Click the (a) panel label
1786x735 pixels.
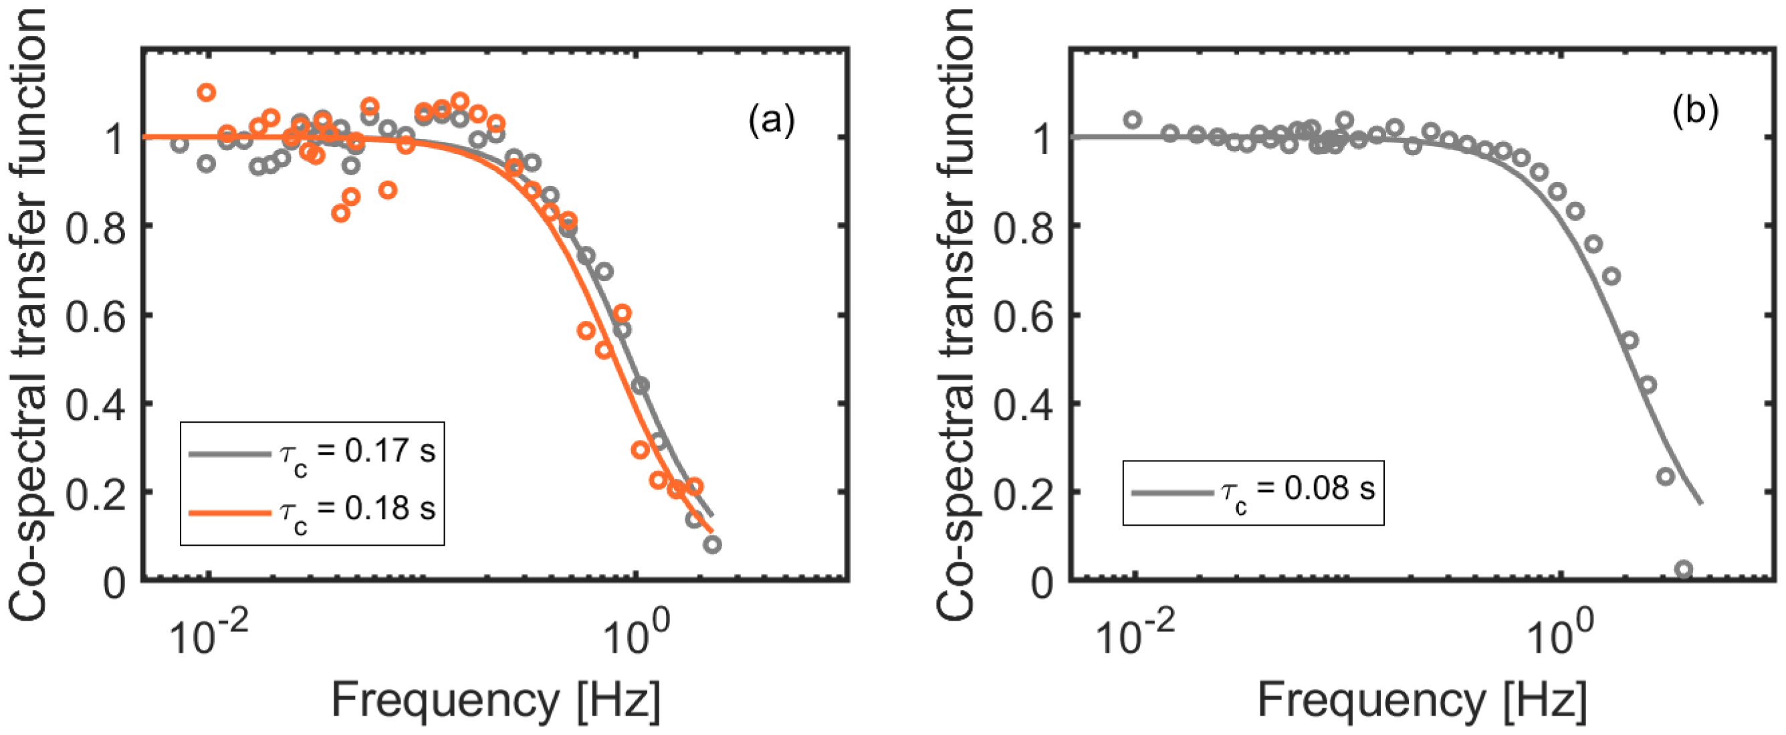(771, 120)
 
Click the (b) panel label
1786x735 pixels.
(1696, 111)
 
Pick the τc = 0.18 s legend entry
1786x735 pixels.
(312, 512)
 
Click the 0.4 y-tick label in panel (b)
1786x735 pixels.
(1022, 404)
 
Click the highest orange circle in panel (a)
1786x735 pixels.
(206, 92)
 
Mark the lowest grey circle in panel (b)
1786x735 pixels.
(1684, 570)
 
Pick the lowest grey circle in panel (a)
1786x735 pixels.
(712, 545)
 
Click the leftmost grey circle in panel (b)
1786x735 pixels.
(1132, 120)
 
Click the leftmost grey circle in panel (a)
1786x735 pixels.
(180, 144)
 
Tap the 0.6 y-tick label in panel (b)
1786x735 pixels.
(1022, 316)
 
